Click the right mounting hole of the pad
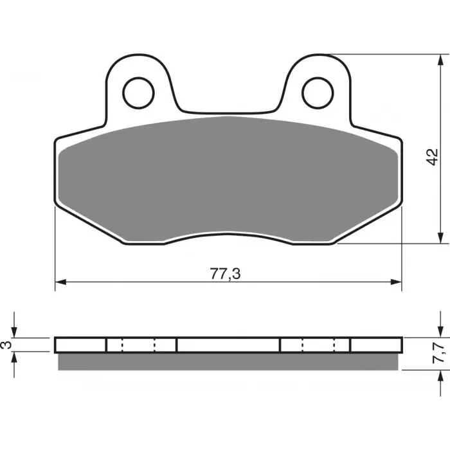pos(316,90)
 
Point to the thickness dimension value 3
pos(6,345)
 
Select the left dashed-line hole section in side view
pos(141,345)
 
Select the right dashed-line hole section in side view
pos(315,345)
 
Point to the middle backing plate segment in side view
pos(228,345)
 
